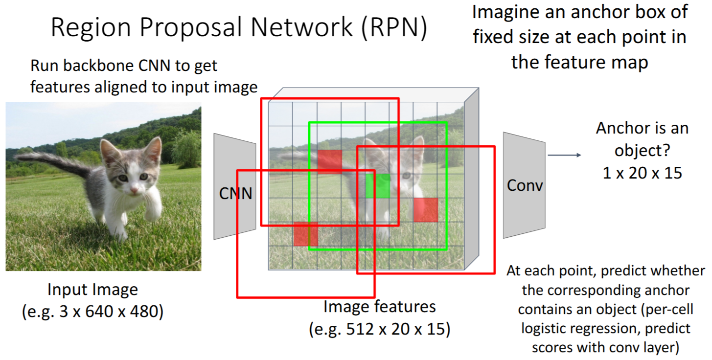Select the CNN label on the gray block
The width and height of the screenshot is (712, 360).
pos(235,194)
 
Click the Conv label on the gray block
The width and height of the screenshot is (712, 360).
pos(525,185)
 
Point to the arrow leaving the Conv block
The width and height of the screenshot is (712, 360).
pos(564,156)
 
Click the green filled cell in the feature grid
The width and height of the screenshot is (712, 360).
pos(378,186)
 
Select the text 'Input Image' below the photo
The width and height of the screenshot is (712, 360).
pos(92,290)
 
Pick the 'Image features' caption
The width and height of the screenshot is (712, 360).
pos(379,307)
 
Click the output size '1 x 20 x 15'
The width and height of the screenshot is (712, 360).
pos(642,172)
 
